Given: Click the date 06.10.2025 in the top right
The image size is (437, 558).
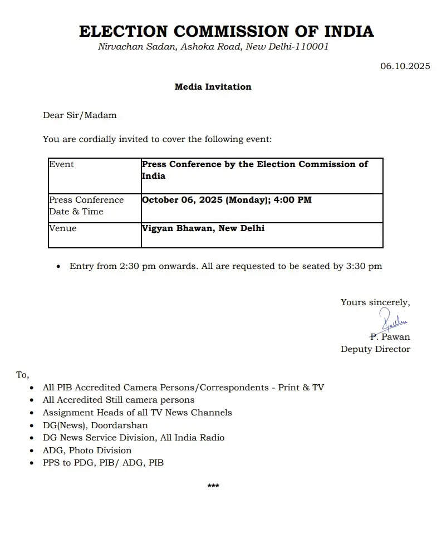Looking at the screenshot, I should [405, 66].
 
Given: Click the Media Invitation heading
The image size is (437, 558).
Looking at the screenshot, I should [213, 86].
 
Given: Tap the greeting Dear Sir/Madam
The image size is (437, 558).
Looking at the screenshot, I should [80, 115].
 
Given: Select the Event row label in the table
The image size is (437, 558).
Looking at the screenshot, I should [61, 164].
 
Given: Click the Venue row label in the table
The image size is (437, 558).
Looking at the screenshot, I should [62, 228].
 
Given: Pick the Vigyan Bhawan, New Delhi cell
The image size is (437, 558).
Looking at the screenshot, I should [203, 228].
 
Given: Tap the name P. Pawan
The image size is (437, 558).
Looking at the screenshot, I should [390, 336].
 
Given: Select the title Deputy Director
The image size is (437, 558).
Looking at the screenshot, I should [375, 349].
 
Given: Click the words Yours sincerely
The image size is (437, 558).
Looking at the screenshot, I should [375, 302].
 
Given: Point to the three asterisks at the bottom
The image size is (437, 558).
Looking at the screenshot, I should [213, 486].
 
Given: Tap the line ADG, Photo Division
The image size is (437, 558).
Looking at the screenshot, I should [87, 450].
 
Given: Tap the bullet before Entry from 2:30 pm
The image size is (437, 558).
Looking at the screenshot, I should [58, 267].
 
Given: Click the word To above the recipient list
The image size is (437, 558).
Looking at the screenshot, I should [22, 375].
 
